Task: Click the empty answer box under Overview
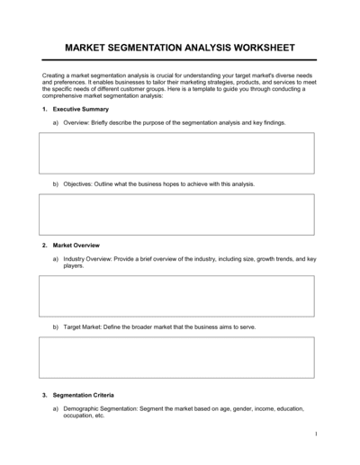click(175, 153)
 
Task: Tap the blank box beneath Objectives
click(175, 214)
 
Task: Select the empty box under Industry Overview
click(175, 296)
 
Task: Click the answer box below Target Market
click(175, 357)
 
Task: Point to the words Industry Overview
click(89, 258)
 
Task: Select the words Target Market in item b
click(83, 326)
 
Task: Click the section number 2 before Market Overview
click(44, 245)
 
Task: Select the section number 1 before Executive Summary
click(44, 108)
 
